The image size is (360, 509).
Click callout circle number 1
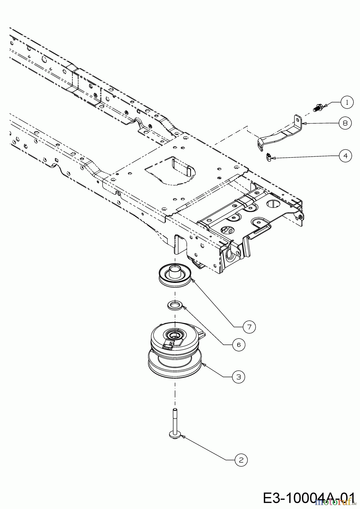(x=347, y=103)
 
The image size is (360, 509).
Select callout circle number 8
(x=345, y=123)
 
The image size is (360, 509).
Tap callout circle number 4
(x=345, y=156)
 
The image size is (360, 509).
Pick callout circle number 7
(x=249, y=327)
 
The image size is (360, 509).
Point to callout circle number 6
(x=239, y=345)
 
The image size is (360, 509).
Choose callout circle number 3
(x=239, y=377)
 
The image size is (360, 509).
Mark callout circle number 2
(x=241, y=460)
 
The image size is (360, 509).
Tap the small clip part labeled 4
(x=269, y=157)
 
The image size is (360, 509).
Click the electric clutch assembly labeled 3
(x=175, y=353)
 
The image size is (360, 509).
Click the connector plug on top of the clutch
(x=168, y=345)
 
